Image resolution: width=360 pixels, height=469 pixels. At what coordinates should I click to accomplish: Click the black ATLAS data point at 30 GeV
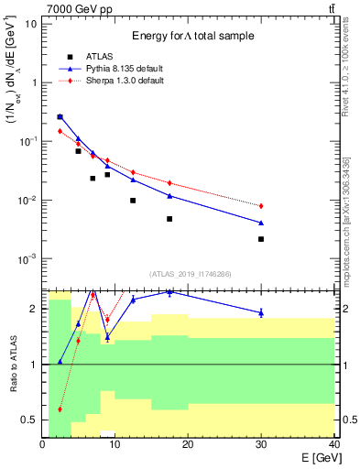[261, 239]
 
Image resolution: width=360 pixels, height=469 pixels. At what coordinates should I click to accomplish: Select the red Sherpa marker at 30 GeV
[261, 206]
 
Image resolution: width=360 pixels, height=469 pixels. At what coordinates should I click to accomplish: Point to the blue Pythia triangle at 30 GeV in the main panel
[261, 223]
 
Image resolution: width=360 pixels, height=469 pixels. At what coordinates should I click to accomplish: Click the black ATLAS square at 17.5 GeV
[169, 219]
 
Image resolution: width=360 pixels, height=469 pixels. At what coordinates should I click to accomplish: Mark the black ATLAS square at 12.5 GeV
[133, 201]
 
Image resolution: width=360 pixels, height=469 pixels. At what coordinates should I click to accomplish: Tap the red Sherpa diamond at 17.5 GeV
[169, 182]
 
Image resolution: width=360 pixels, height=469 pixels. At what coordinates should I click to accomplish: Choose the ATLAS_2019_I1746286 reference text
[190, 274]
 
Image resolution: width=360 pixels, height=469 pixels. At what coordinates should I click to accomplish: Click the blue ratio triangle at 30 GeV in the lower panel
[261, 312]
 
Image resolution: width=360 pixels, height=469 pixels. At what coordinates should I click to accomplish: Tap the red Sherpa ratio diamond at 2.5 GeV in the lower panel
[60, 409]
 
